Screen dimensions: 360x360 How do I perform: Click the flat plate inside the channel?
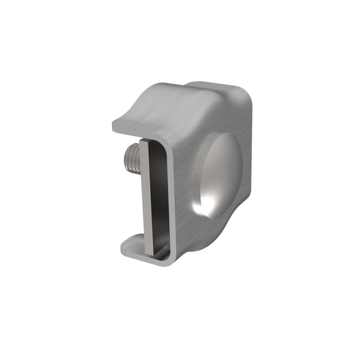(x=148, y=197)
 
